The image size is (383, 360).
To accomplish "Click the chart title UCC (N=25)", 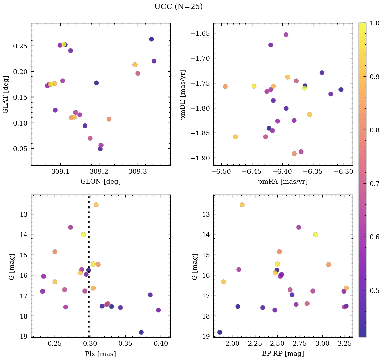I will [x=178, y=7].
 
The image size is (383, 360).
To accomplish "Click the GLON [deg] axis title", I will [x=100, y=181].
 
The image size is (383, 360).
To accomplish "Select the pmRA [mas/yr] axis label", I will [x=283, y=181].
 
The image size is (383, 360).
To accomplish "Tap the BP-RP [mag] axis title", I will [x=283, y=353].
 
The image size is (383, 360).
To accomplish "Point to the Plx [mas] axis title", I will [x=100, y=353].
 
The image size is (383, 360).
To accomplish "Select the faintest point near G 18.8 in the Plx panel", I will [x=141, y=332].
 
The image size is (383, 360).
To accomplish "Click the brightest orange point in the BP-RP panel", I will [x=242, y=205].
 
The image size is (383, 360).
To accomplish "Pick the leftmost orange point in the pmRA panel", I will [x=225, y=86].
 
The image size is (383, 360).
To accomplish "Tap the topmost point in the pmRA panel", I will [x=286, y=35].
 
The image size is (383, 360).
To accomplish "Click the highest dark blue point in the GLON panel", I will [x=151, y=39].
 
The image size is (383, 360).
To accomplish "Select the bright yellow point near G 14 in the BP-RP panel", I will [x=316, y=234].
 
